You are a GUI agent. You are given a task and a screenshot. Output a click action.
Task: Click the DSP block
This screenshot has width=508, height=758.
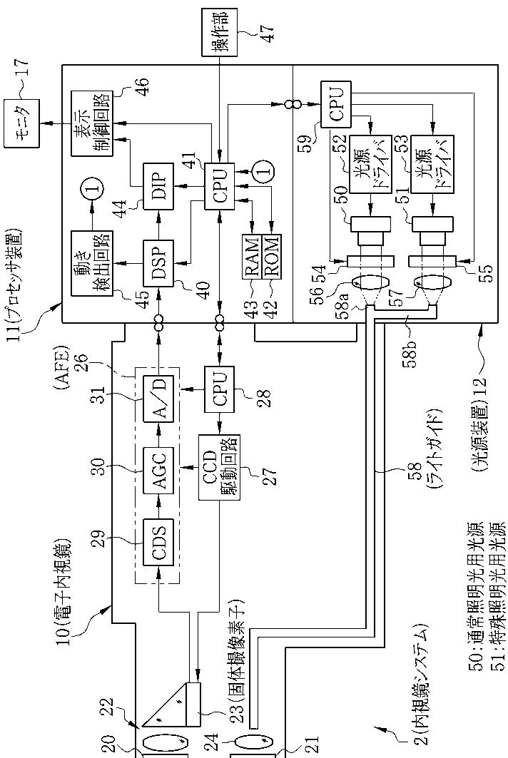[158, 263]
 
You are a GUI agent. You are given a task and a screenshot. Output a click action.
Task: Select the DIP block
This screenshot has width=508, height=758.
[158, 186]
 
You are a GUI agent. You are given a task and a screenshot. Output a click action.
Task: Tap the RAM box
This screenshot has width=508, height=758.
[251, 256]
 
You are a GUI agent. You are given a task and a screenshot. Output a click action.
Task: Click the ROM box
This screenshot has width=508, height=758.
[271, 256]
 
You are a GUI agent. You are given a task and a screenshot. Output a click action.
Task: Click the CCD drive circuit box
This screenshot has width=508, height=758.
[219, 467]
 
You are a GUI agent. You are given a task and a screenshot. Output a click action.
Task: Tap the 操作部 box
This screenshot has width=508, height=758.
[220, 32]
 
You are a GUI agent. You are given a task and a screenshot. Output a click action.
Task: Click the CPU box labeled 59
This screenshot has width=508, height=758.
[337, 104]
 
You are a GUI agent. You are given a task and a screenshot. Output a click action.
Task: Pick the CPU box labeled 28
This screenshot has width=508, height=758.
[219, 390]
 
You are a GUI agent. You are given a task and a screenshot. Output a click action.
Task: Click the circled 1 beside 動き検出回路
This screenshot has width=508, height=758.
[94, 189]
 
